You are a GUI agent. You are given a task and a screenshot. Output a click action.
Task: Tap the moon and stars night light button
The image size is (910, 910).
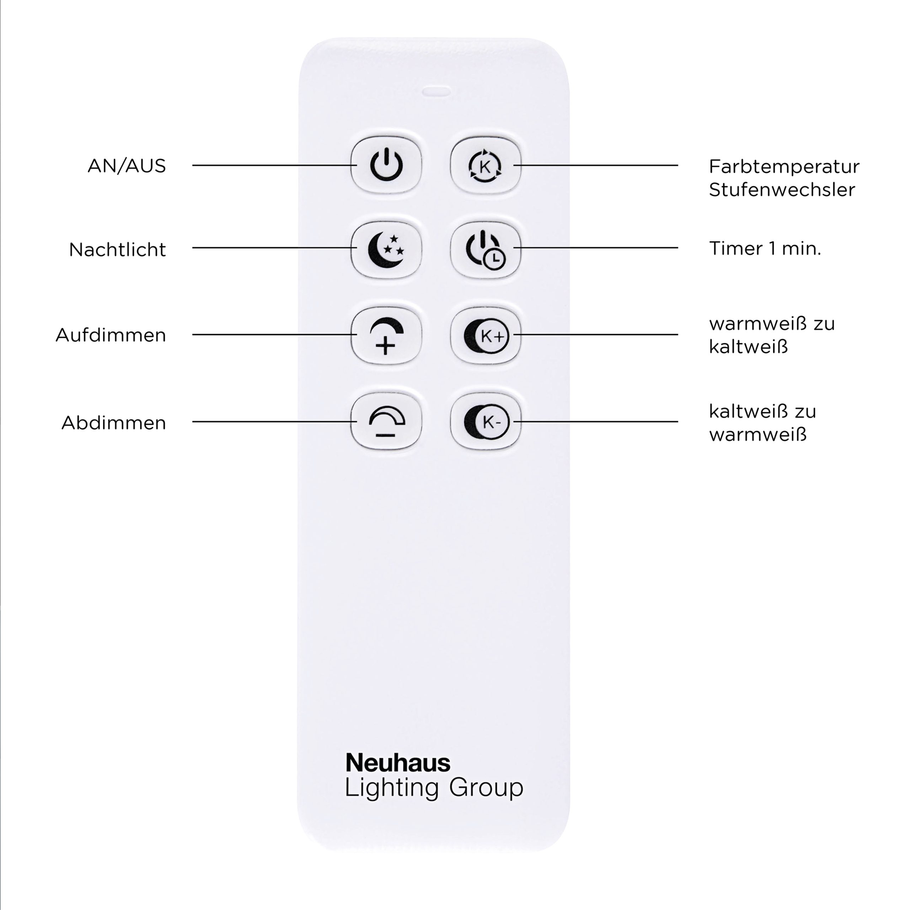386,250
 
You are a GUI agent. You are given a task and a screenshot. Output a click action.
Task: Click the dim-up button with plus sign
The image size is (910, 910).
386,335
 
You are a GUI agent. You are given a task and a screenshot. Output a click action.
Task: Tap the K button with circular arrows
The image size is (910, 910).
486,165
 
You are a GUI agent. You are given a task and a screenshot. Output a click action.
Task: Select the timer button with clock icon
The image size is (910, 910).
486,250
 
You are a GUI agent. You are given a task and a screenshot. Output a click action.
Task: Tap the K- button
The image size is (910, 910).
486,422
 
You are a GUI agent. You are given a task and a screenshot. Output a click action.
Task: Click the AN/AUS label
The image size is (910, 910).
127,166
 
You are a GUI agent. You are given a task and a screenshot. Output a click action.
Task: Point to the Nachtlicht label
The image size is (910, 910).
117,250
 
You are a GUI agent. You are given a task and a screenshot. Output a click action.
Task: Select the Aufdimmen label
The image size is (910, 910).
111,335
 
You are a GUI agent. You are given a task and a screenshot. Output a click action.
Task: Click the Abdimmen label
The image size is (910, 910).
113,423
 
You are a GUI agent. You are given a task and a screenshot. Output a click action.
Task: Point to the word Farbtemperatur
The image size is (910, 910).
784,167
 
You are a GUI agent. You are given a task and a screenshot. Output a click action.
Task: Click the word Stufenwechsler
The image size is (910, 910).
782,190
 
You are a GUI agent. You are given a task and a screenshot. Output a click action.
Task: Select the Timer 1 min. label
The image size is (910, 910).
765,249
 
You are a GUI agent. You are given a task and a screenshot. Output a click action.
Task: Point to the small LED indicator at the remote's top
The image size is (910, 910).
436,91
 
